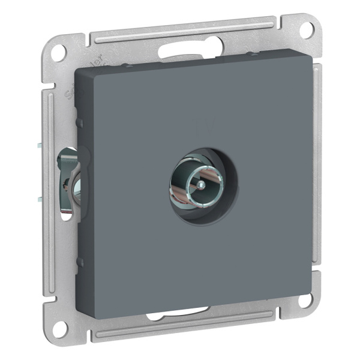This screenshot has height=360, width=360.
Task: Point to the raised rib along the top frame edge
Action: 180,29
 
